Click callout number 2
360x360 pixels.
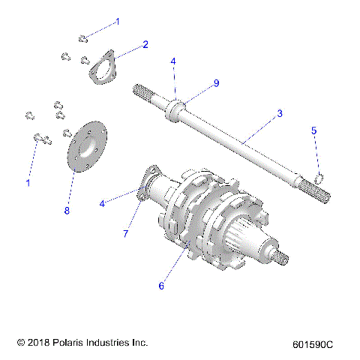click(145, 44)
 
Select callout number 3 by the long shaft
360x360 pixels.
click(279, 113)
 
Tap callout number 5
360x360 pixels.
click(314, 130)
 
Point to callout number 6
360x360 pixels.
click(159, 285)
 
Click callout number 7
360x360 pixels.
click(126, 234)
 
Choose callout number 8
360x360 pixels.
click(66, 211)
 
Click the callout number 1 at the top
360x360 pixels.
click(118, 22)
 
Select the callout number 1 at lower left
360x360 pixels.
click(28, 182)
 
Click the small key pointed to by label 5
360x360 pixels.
click(318, 178)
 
